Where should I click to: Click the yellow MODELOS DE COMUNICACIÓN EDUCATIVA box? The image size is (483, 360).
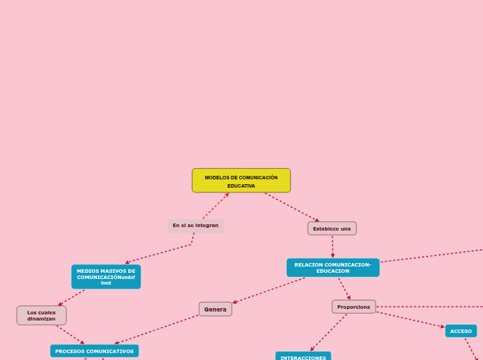[241, 181]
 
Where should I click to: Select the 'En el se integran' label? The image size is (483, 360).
[195, 226]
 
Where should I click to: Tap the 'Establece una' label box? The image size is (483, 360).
[332, 228]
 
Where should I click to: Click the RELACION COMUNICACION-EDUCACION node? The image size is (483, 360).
[333, 268]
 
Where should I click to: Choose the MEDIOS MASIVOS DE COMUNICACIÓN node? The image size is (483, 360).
[106, 277]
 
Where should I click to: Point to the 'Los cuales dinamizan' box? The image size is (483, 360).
[42, 316]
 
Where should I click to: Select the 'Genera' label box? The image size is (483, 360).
[216, 309]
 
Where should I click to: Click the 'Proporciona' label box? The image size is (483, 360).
[353, 307]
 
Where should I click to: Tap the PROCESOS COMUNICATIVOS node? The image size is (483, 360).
[94, 351]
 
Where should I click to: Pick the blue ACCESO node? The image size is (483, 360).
[461, 331]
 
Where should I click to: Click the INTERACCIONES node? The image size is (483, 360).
[303, 357]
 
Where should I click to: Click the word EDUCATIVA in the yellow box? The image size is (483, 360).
[241, 186]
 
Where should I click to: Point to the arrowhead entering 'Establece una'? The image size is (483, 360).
[317, 220]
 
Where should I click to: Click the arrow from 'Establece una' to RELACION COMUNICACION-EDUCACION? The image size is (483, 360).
[333, 247]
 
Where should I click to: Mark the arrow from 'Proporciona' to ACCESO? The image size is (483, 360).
[410, 320]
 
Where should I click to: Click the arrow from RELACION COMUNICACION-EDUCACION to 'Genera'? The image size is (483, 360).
[269, 291]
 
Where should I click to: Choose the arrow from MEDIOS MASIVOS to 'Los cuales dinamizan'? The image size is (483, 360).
[71, 298]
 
